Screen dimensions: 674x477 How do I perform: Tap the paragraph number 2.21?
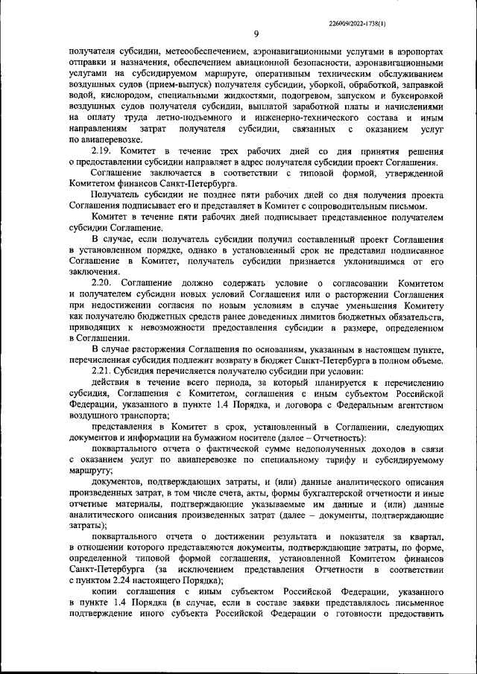(x=104, y=371)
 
